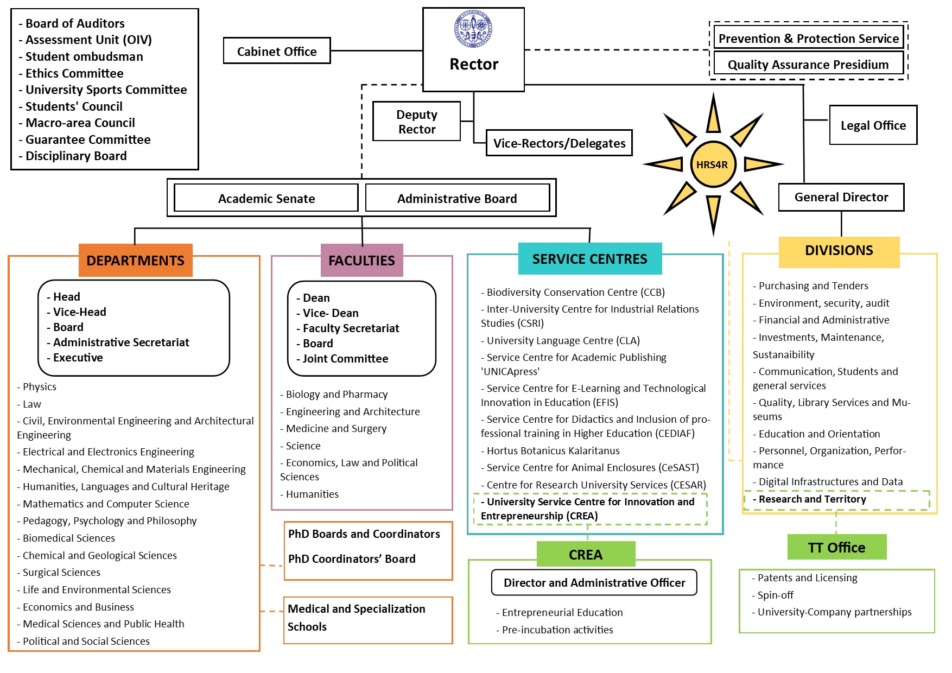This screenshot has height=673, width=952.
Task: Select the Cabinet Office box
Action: pyautogui.click(x=277, y=51)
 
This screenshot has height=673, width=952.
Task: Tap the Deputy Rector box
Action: pyautogui.click(x=416, y=122)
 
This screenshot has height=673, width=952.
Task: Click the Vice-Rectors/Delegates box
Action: pyautogui.click(x=559, y=143)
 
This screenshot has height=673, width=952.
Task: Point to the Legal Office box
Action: pyautogui.click(x=873, y=125)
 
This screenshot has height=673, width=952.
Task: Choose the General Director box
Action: pyautogui.click(x=841, y=197)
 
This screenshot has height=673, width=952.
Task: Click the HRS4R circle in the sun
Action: pyautogui.click(x=712, y=164)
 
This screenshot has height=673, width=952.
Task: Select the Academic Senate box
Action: pyautogui.click(x=266, y=199)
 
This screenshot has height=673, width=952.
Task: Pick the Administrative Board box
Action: pyautogui.click(x=457, y=199)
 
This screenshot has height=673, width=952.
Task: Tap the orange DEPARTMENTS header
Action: pyautogui.click(x=135, y=261)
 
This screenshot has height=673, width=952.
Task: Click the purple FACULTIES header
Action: pyautogui.click(x=361, y=261)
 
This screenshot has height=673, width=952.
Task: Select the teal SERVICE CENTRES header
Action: pyautogui.click(x=589, y=259)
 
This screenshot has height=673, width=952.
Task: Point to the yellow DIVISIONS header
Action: pyautogui.click(x=839, y=251)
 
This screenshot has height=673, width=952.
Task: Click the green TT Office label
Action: pyautogui.click(x=836, y=547)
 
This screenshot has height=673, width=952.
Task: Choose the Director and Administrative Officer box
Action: pyautogui.click(x=594, y=583)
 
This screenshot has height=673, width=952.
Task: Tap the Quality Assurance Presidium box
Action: pyautogui.click(x=808, y=65)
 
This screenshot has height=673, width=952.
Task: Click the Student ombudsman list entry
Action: pyautogui.click(x=84, y=56)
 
